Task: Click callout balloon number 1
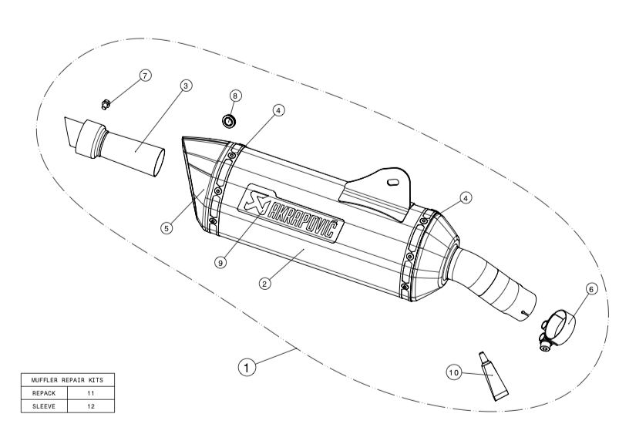(246, 369)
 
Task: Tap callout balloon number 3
(187, 86)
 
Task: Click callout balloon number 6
(591, 289)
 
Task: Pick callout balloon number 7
(143, 75)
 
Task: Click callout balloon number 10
(454, 372)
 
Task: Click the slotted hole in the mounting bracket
(392, 183)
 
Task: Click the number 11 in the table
(91, 393)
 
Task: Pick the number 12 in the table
(91, 405)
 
